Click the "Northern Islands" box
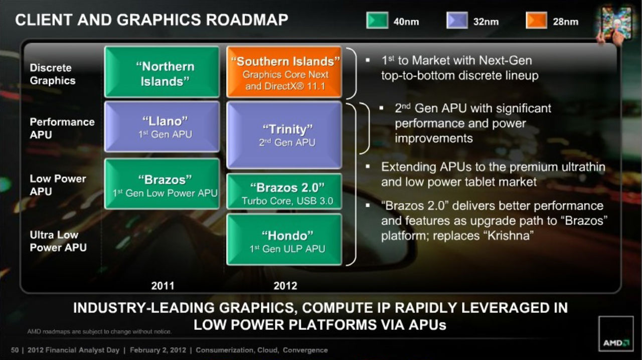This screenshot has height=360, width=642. tap(162, 72)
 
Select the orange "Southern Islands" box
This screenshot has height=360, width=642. tap(284, 72)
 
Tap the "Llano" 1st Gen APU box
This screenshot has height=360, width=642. tap(162, 127)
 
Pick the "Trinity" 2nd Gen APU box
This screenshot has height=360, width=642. tap(284, 135)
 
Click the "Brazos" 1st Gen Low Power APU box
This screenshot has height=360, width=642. tap(162, 184)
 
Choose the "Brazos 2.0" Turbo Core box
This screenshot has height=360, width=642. tap(284, 191)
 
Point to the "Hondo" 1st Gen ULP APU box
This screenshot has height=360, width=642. tap(284, 239)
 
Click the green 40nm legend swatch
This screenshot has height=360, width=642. tap(377, 21)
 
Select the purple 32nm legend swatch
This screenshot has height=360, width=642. tap(457, 21)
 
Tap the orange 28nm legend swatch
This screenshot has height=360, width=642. tap(537, 21)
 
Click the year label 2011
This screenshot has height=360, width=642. tap(163, 286)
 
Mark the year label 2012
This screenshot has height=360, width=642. tap(285, 286)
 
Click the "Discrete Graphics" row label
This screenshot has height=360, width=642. tap(53, 74)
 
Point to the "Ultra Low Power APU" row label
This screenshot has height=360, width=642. tap(58, 241)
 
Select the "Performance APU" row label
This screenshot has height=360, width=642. tap(62, 128)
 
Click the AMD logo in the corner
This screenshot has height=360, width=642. tap(616, 333)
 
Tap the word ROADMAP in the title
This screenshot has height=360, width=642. tap(247, 20)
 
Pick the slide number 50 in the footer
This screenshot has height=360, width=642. tap(15, 350)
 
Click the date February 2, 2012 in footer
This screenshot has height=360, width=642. tap(158, 350)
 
